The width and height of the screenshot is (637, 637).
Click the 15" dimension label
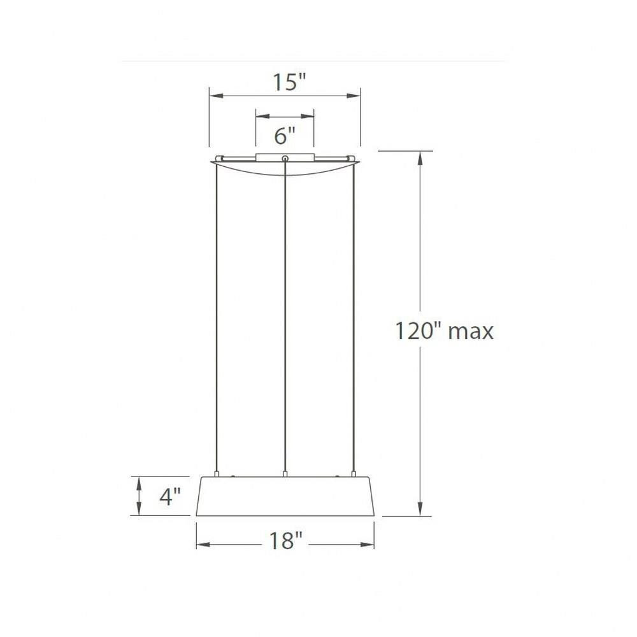pos(289,82)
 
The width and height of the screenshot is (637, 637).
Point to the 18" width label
pos(286,540)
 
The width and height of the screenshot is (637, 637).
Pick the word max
pos(471,333)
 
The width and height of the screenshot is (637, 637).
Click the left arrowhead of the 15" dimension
pos(216,96)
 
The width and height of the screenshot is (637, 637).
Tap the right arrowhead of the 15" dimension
pos(354,96)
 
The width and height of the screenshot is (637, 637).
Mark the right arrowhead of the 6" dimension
pos(307,117)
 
